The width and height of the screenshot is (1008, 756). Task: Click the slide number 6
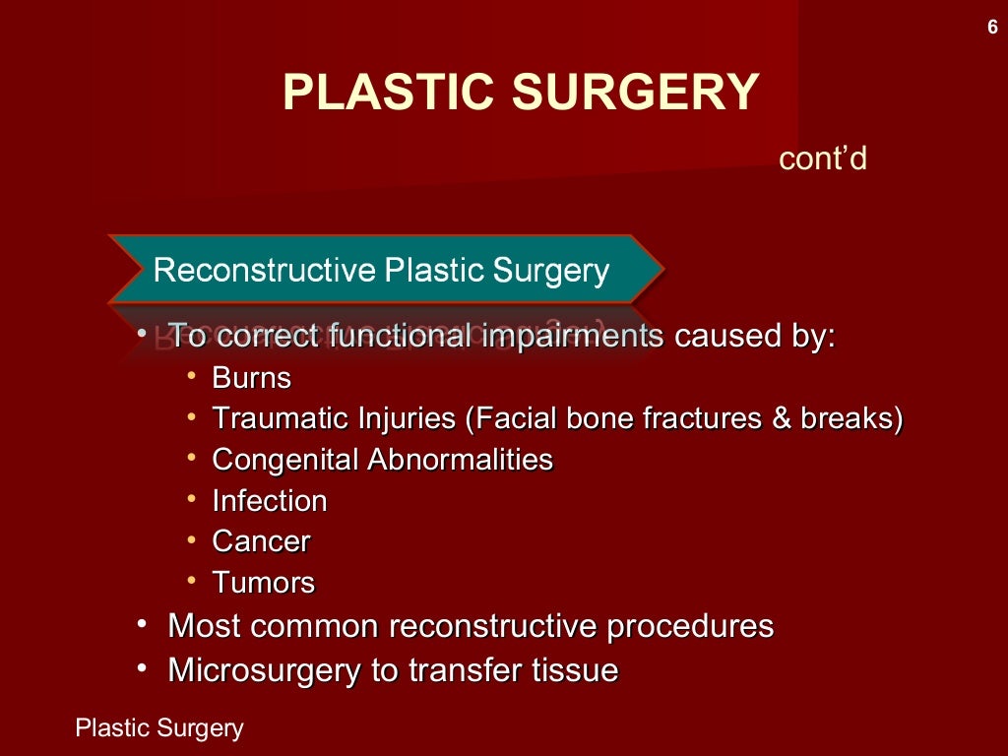992,28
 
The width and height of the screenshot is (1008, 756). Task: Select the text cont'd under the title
822,158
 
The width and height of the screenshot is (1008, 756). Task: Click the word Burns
252,378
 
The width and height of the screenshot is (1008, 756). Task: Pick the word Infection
270,501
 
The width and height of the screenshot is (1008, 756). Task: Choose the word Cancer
261,542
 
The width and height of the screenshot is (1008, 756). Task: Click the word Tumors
264,583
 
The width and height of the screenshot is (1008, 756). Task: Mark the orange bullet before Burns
192,377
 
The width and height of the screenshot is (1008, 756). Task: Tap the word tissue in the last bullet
576,670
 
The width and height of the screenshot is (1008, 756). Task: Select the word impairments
573,336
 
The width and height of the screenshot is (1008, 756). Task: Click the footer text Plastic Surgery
159,728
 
